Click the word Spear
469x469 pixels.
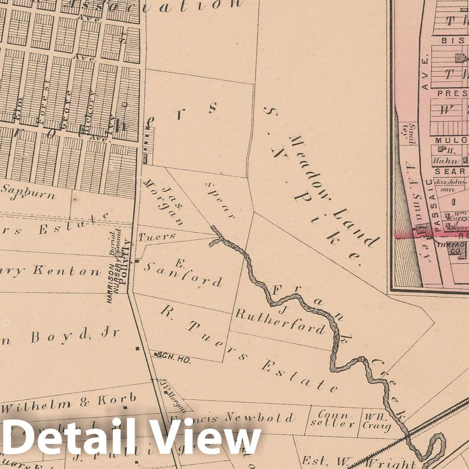point(220,200)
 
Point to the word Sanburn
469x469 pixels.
point(28,191)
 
